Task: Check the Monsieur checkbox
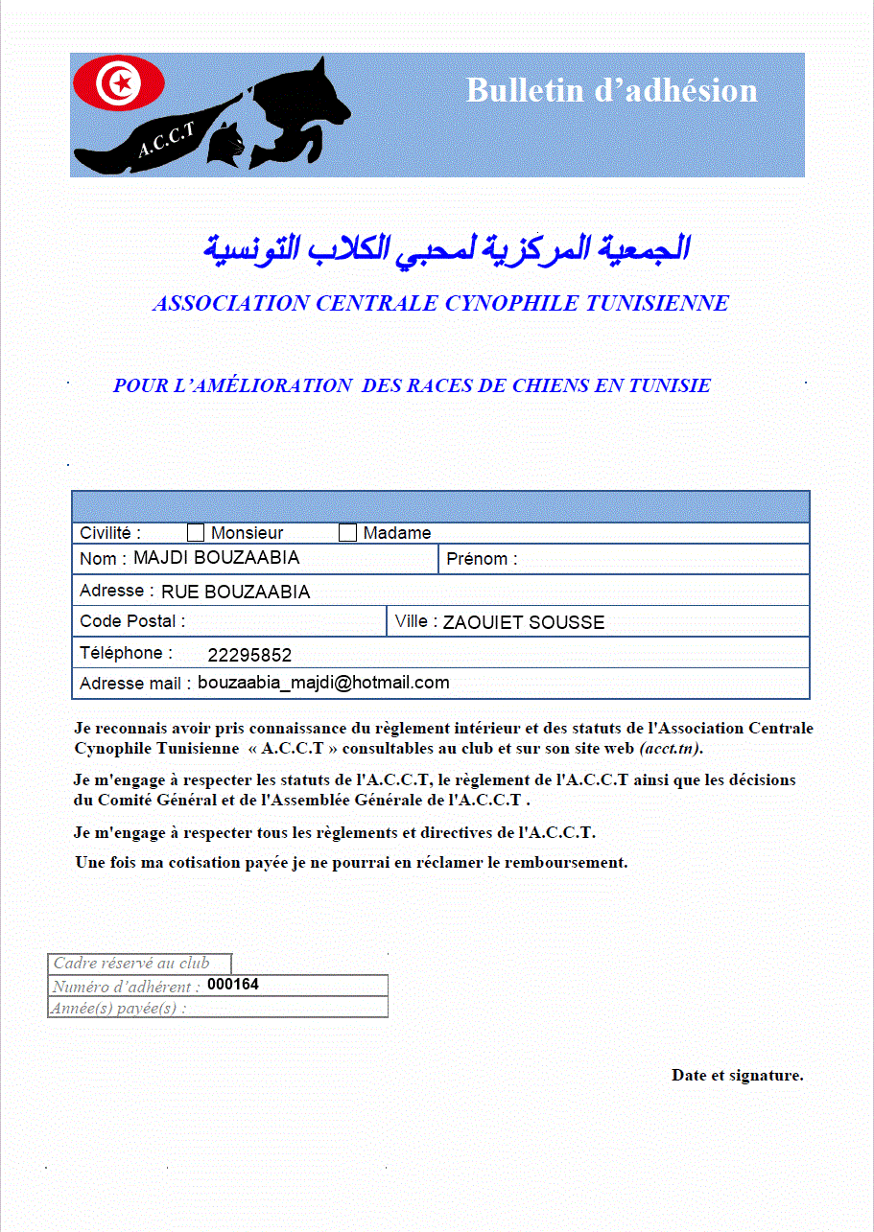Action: tap(196, 533)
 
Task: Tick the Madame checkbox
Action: tap(347, 533)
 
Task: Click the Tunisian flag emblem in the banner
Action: tap(119, 83)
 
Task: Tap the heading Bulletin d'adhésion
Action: tap(611, 90)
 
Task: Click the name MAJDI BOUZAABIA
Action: tap(217, 558)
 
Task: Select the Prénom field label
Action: tap(482, 559)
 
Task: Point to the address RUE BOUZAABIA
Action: tap(235, 592)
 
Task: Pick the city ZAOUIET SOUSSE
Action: tap(524, 622)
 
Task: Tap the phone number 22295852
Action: tap(249, 656)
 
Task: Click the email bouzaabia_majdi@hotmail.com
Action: tap(323, 683)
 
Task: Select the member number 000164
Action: tap(233, 985)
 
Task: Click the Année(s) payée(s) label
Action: tap(119, 1008)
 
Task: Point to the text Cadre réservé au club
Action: tap(131, 964)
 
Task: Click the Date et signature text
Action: tap(737, 1076)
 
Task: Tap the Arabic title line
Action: tap(446, 248)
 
